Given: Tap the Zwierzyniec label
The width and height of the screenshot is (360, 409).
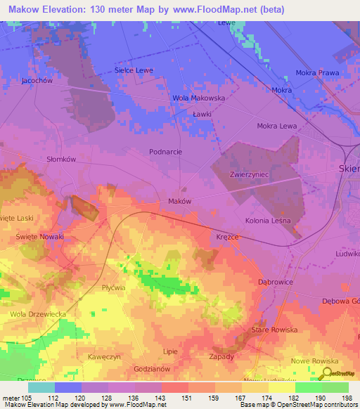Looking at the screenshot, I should click(249, 174).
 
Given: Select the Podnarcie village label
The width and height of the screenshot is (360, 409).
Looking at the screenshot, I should click(166, 151).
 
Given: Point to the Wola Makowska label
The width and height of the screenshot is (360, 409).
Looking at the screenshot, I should click(199, 98).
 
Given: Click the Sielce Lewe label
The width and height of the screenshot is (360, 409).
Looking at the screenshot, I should click(134, 71).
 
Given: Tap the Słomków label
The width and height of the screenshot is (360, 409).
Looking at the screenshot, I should click(60, 160).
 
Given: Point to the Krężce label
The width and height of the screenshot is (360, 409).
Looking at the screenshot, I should click(229, 238).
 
